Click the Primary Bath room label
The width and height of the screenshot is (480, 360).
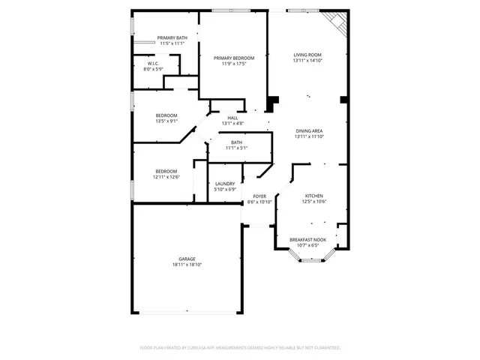click(172, 38)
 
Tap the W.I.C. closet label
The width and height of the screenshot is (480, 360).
click(152, 64)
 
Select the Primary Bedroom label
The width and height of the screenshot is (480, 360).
click(233, 58)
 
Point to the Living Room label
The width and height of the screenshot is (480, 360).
click(307, 55)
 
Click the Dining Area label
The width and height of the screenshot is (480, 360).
click(308, 130)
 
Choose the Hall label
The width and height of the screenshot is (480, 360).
click(232, 118)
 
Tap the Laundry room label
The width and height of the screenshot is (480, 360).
click(225, 184)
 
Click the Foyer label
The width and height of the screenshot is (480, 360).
click(259, 196)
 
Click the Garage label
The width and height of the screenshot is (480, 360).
click(187, 259)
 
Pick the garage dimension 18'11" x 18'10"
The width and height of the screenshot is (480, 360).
click(187, 265)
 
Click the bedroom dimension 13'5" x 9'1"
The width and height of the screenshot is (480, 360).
click(166, 121)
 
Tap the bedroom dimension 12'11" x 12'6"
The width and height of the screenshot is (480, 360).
click(166, 177)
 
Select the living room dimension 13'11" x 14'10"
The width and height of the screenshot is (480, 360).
click(307, 61)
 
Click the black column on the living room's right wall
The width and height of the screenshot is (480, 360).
click(343, 99)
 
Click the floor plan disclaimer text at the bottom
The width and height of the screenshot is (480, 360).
click(240, 348)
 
